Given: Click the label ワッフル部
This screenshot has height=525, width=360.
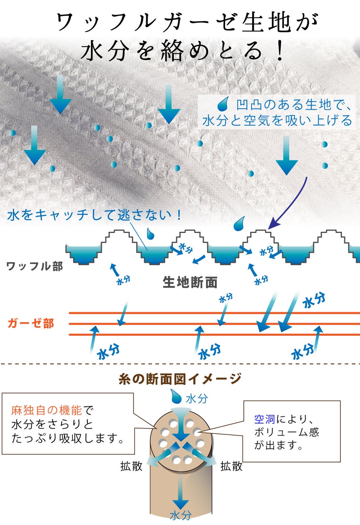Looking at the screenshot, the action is point(34,266).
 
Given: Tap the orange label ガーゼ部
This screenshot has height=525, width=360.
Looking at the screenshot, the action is point(31,323).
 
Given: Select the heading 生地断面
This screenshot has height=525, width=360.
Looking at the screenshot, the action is point(190,282).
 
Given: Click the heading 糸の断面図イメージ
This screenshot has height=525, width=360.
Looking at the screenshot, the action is point(180,378).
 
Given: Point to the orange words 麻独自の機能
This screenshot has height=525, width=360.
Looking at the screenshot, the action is point(47,410).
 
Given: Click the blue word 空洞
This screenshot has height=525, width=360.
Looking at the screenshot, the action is point(265,419).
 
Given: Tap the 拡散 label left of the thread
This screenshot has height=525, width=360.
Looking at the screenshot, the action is point(131,466).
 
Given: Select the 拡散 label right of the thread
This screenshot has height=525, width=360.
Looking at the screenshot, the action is point(231,466).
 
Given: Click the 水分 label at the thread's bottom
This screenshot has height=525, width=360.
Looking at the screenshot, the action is point(180,515).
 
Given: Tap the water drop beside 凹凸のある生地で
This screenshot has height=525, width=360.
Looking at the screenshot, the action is point(223,105).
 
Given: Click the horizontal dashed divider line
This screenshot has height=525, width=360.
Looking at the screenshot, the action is point(180,364).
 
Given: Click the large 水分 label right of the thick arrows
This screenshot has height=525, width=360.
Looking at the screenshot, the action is point(314,300).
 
